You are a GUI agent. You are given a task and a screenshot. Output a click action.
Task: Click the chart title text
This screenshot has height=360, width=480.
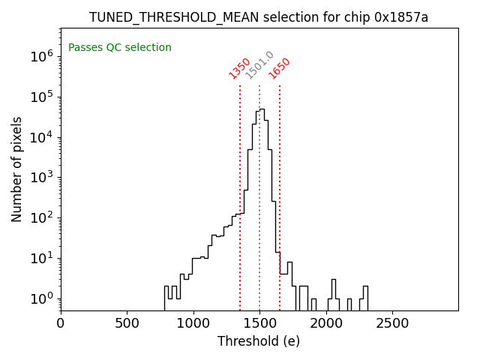point(259,17)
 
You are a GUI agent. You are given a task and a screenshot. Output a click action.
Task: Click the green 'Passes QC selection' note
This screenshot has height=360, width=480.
point(120,48)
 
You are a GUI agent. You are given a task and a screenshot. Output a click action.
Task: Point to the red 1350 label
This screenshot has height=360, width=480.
point(240,68)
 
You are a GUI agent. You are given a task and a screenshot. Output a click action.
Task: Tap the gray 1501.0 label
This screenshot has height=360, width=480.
point(260,66)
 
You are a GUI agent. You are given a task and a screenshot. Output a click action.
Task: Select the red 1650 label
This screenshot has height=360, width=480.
point(280,68)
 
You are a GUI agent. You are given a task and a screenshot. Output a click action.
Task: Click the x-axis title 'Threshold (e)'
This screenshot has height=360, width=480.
point(259,341)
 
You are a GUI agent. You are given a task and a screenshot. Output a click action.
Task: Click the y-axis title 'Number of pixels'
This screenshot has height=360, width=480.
point(17,169)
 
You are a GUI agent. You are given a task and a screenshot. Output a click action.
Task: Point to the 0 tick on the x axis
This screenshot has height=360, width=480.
point(61,323)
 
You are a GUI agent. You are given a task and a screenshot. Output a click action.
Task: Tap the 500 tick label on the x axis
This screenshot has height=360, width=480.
point(127,323)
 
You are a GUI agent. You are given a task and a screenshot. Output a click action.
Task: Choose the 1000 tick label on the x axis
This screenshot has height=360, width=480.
point(193,323)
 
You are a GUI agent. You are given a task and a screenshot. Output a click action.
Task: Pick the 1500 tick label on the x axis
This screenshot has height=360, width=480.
point(259,323)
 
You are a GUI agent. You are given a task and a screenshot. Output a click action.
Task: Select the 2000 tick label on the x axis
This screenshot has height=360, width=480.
point(325,323)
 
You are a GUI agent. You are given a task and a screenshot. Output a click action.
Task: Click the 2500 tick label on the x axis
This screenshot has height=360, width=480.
point(392,323)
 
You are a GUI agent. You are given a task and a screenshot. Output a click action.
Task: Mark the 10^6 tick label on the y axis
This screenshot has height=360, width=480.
point(41,56)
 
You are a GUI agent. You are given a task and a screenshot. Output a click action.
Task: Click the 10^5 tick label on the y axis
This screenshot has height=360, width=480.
point(41,97)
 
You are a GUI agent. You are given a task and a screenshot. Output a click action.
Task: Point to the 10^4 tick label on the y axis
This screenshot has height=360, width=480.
point(41,137)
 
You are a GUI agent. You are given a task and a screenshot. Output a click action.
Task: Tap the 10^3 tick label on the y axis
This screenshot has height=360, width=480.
point(41,178)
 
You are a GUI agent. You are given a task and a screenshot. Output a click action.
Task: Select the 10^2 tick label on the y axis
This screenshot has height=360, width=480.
point(41,218)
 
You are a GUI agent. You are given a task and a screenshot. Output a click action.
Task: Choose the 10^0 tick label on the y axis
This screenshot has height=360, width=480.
point(41,299)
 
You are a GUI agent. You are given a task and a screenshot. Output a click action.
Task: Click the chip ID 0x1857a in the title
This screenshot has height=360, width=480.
point(401,17)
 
